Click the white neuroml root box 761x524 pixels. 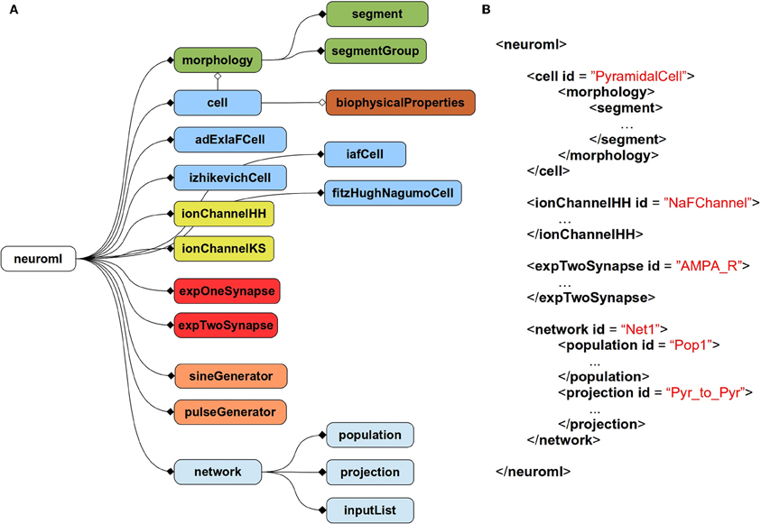pos(38,259)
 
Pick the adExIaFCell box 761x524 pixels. pos(230,140)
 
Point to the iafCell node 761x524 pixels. pos(365,155)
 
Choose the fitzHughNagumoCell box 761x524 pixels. pos(393,192)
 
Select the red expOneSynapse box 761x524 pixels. pos(226,291)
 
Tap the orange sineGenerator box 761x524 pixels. pos(230,374)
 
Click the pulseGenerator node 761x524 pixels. pos(230,411)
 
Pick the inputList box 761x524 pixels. pos(369,510)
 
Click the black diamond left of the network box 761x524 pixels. pos(171,470)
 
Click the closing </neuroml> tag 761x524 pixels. pos(533,470)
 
